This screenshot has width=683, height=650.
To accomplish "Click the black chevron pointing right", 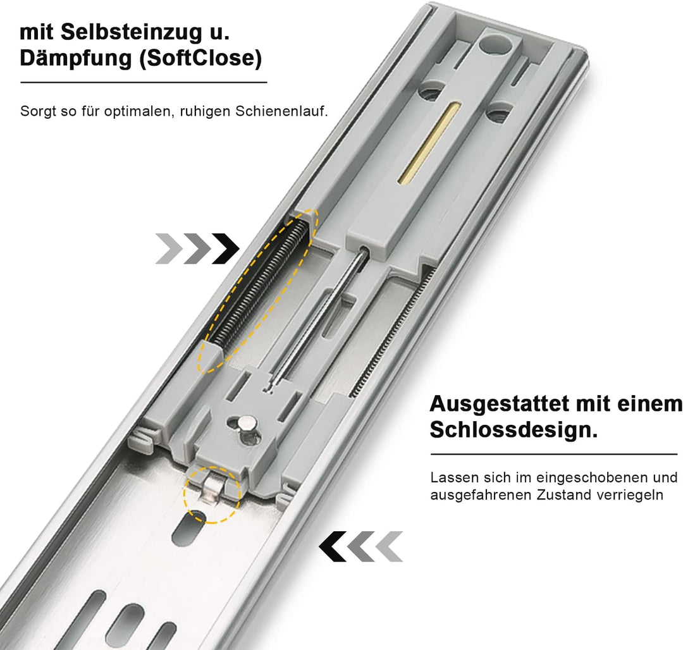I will click(225, 248).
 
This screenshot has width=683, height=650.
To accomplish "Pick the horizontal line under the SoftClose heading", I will click(144, 82).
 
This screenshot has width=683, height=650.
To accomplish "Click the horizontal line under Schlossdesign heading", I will click(553, 454).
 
